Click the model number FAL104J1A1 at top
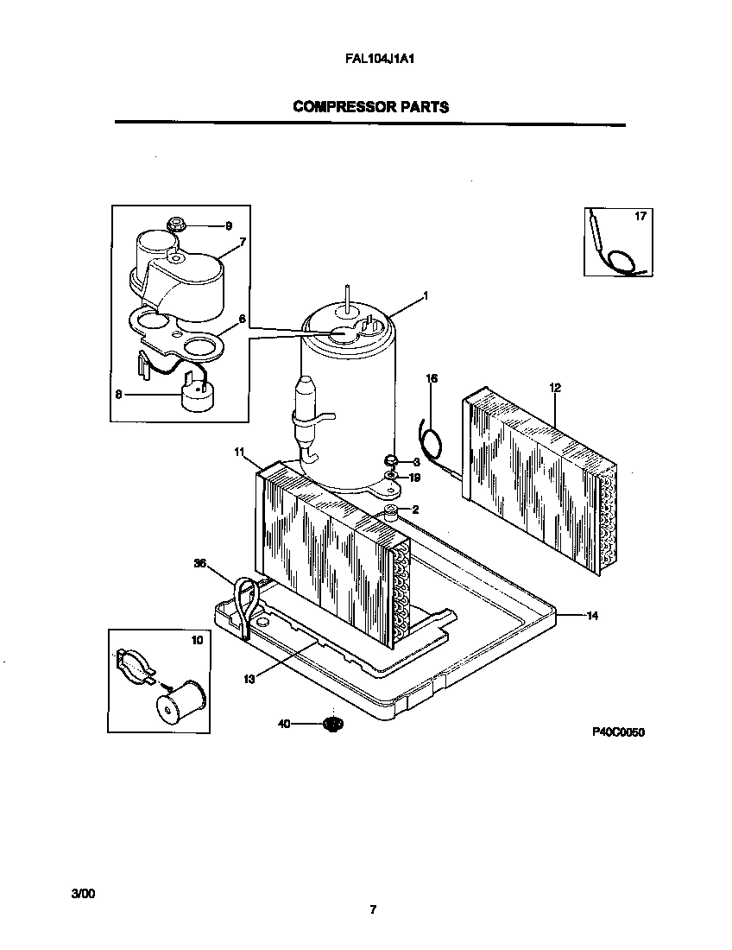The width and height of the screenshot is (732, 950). (369, 61)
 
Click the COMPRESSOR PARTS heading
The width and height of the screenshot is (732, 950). (370, 107)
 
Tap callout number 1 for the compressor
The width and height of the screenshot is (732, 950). (425, 295)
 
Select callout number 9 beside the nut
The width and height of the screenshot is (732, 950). (229, 226)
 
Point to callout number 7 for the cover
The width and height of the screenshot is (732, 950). (243, 243)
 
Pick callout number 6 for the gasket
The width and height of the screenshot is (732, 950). (243, 319)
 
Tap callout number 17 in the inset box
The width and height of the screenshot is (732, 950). (640, 216)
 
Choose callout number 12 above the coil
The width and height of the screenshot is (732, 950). (554, 388)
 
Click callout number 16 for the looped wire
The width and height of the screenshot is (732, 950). (432, 378)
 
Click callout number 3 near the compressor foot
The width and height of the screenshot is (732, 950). (415, 462)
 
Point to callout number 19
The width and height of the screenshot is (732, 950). (415, 477)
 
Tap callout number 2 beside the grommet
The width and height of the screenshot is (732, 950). (415, 510)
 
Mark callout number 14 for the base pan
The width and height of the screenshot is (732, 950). (592, 616)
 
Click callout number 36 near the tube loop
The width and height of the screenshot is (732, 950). (200, 563)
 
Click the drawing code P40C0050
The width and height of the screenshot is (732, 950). (619, 732)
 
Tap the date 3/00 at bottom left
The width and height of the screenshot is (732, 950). (82, 894)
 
